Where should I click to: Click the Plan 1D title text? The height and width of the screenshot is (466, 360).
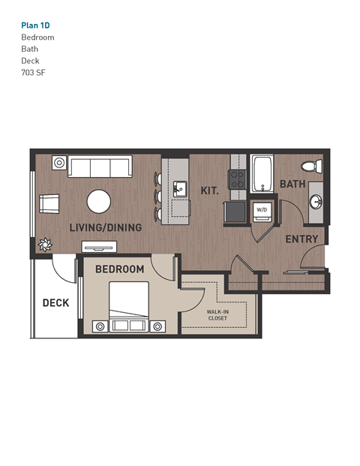36,25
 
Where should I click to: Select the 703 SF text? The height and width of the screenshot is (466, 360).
34,73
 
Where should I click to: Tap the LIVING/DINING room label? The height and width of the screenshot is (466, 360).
100,227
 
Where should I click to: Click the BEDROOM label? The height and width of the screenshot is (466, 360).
119,269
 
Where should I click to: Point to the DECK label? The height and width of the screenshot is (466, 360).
55,303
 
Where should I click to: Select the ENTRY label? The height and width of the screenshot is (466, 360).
301,239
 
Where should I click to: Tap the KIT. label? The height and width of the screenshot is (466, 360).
209,191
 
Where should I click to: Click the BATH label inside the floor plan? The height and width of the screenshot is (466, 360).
292,184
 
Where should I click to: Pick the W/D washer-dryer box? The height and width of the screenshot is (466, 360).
262,210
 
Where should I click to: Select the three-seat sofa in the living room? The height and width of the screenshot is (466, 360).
99,167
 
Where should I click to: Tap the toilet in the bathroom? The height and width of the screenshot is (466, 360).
310,166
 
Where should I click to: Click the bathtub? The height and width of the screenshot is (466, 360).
262,174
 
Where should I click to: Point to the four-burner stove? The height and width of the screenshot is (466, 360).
237,179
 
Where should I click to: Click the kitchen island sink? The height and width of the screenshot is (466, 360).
180,188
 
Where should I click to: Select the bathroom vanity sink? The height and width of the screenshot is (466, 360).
316,202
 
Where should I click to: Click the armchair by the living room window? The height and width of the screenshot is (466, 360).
49,203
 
